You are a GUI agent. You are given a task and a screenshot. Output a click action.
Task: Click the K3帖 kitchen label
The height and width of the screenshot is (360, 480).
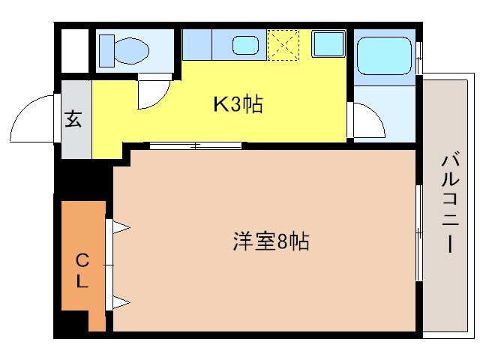238,104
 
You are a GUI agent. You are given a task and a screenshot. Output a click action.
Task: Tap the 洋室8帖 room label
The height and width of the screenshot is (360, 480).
271,243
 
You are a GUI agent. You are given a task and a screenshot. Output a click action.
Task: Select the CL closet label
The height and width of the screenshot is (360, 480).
82,271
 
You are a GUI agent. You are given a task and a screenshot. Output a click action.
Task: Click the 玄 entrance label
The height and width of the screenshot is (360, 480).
73,119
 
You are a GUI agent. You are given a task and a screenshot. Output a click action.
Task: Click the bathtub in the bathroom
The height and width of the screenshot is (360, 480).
384,54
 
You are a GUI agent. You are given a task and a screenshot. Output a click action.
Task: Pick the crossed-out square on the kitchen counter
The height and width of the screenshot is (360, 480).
284,44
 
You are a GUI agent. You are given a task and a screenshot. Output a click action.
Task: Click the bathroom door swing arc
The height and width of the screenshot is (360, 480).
367,120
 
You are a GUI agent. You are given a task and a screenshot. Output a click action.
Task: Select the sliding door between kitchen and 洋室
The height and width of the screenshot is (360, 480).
195,145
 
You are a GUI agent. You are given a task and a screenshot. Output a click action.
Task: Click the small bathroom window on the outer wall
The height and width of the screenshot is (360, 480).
420,56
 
